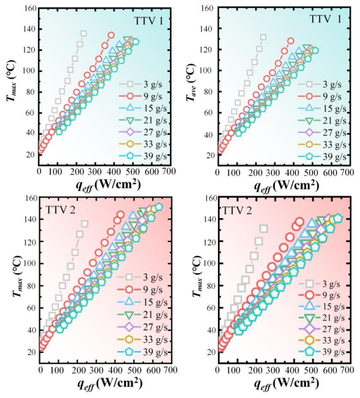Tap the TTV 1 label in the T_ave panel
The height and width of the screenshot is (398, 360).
click(x=326, y=19)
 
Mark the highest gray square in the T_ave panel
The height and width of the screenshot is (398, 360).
click(x=263, y=38)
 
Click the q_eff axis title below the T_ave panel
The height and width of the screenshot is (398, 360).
click(x=280, y=185)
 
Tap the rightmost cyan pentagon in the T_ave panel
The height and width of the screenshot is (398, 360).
click(x=314, y=50)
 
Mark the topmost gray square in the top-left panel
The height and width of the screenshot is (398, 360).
click(x=83, y=34)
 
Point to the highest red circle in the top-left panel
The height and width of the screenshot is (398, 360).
click(x=111, y=35)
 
